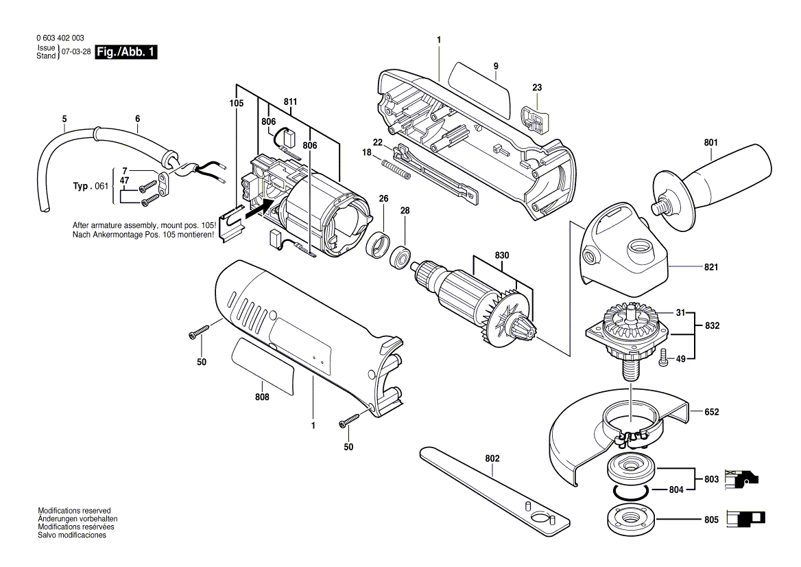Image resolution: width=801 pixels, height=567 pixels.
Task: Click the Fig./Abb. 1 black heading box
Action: (x=126, y=52)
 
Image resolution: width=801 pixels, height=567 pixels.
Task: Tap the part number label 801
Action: (x=710, y=143)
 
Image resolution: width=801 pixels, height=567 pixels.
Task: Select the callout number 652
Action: (x=711, y=412)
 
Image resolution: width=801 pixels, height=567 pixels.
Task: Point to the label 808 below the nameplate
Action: (x=261, y=397)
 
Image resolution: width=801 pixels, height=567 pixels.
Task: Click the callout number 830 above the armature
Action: (x=502, y=255)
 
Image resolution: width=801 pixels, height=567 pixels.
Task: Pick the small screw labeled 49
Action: (x=662, y=358)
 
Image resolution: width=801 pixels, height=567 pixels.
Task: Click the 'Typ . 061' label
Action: (x=91, y=186)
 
